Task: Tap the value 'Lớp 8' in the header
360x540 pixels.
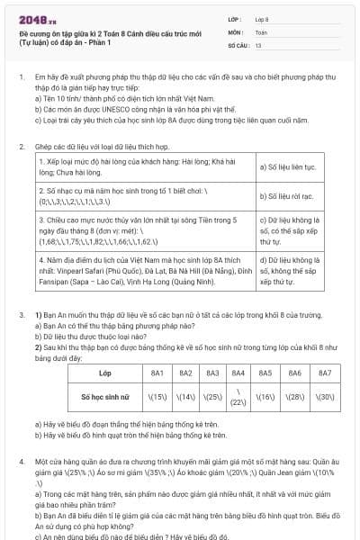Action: tap(262, 18)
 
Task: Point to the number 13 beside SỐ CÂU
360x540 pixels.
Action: tap(258, 43)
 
